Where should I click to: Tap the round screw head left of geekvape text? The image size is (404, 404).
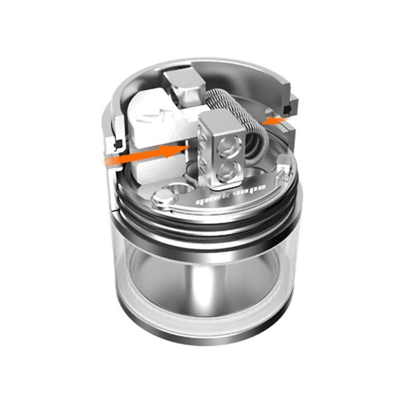163,200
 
